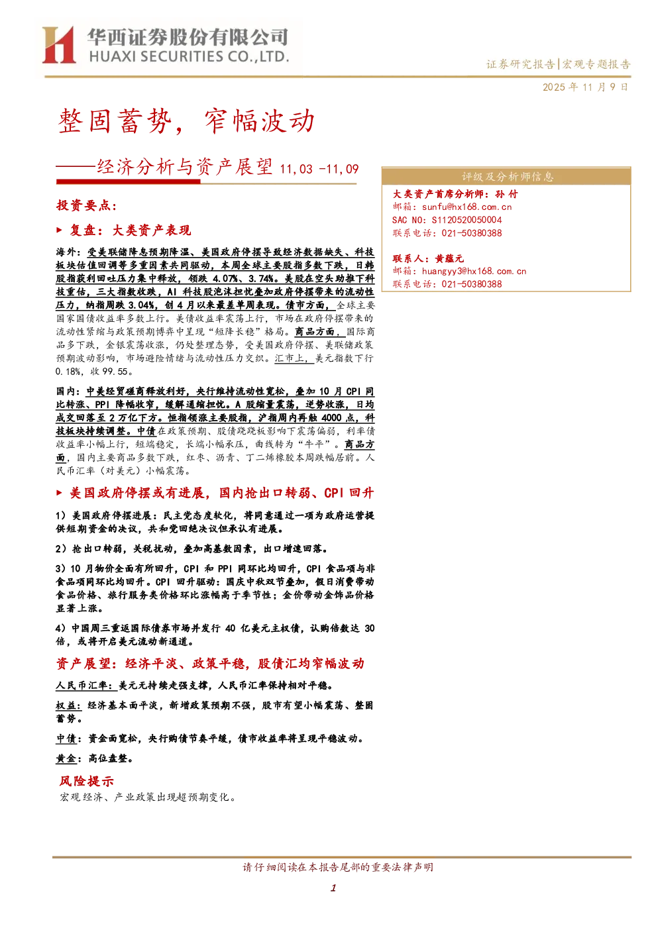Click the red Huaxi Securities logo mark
(59, 45)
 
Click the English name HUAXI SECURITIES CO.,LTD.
(189, 56)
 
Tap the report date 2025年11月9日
(585, 87)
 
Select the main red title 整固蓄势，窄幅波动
(186, 121)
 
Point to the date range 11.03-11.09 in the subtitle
(319, 169)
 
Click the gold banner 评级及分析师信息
(506, 176)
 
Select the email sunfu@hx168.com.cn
(467, 207)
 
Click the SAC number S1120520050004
(467, 220)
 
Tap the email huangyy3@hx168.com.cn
(474, 271)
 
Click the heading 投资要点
(86, 205)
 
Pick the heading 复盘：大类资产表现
(130, 230)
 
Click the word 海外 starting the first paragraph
(66, 252)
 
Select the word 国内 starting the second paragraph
(66, 391)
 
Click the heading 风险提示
(86, 781)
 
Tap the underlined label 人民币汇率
(85, 685)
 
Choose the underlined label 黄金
(66, 758)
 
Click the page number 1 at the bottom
(333, 888)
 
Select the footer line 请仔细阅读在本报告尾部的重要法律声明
(338, 867)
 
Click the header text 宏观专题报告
(596, 64)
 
